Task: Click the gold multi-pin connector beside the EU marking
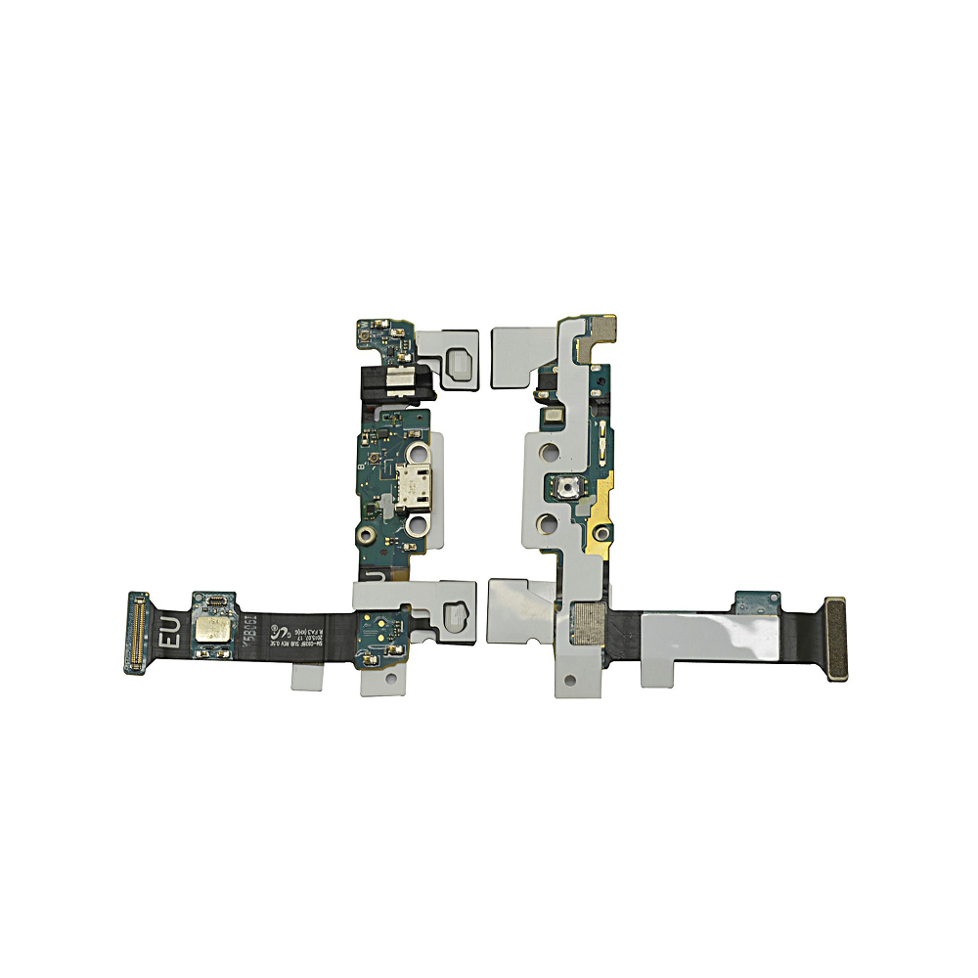pyautogui.click(x=136, y=631)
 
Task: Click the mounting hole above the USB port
pyautogui.click(x=416, y=453)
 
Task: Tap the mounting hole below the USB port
pyautogui.click(x=416, y=526)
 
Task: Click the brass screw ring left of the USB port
pyautogui.click(x=364, y=536)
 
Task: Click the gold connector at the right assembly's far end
pyautogui.click(x=836, y=639)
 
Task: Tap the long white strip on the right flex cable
pyautogui.click(x=714, y=643)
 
